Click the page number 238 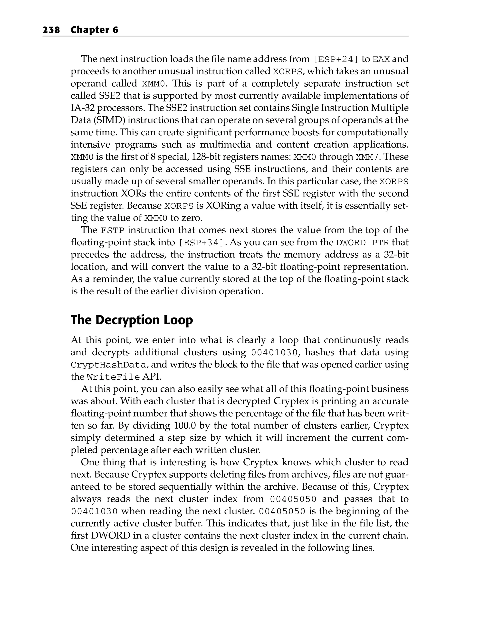pyautogui.click(x=51, y=30)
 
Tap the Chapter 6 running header pyautogui.click(x=94, y=30)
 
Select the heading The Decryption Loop pyautogui.click(x=132, y=320)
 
